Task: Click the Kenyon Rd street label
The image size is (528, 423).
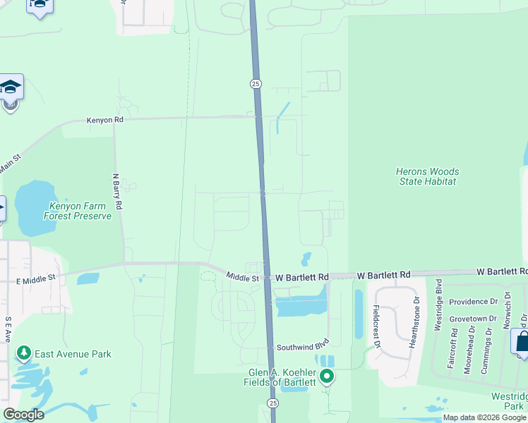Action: pos(104,121)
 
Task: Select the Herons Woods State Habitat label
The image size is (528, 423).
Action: pos(426,176)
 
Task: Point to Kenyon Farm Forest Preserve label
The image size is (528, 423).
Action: pos(78,211)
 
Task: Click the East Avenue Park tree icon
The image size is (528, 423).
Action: pos(24,352)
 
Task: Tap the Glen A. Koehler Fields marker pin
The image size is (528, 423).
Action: pos(326,376)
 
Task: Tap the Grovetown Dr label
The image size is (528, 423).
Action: pos(473,319)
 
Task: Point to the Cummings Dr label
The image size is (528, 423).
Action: pos(488,350)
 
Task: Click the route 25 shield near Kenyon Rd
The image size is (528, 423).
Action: pos(256,84)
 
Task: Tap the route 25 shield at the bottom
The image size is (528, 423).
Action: pos(272,402)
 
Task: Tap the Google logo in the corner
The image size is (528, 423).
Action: pos(23,415)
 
